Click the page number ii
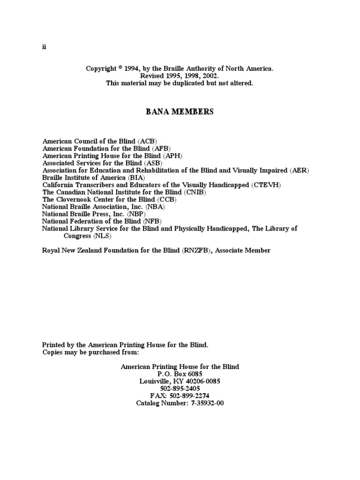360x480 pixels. pyautogui.click(x=44, y=47)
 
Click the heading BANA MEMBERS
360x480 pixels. pyautogui.click(x=180, y=112)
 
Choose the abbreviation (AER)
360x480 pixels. pyautogui.click(x=300, y=170)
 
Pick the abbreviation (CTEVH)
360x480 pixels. pyautogui.click(x=266, y=185)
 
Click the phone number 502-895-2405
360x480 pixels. pyautogui.click(x=180, y=389)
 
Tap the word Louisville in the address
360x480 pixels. pyautogui.click(x=155, y=381)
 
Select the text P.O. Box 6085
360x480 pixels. pyautogui.click(x=180, y=374)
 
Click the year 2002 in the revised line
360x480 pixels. pyautogui.click(x=210, y=76)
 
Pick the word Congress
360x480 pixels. pyautogui.click(x=77, y=236)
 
